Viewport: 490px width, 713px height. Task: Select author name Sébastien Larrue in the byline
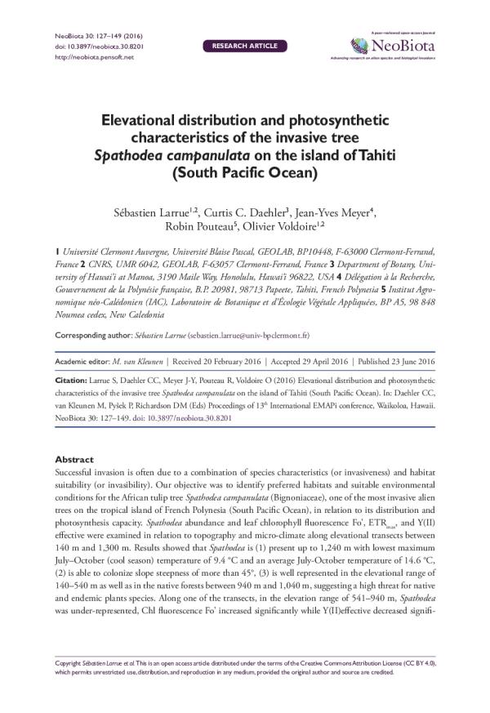click(x=154, y=214)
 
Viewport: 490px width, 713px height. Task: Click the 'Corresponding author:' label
click(x=91, y=336)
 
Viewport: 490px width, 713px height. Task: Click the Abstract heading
click(x=73, y=460)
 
